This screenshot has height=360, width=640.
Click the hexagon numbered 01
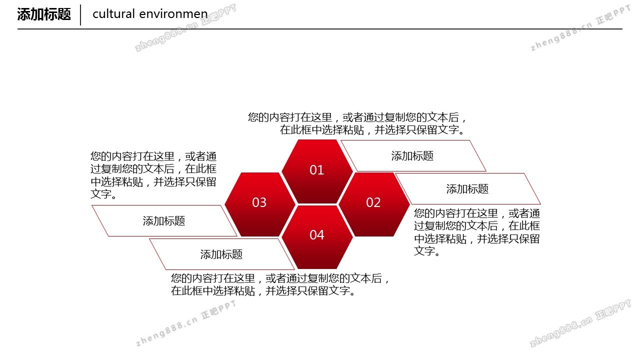317,171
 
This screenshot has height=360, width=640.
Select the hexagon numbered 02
374,204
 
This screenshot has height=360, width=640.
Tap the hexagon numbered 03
260,204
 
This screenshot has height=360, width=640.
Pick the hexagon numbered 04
317,237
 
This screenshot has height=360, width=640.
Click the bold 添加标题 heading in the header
43,14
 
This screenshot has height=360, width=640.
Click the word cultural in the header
113,13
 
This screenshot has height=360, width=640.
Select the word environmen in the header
173,14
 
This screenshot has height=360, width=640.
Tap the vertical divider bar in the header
80,15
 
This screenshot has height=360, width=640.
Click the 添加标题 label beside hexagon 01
412,156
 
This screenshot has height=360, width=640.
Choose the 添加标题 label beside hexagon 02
467,189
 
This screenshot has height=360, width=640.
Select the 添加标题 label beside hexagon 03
164,221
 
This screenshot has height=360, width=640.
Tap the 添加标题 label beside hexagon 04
221,254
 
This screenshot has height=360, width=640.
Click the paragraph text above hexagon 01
357,123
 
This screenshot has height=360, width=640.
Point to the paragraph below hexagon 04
280,284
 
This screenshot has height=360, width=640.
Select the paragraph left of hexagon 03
153,175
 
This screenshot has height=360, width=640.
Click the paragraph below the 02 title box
477,232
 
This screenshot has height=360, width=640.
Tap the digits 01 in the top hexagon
317,170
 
